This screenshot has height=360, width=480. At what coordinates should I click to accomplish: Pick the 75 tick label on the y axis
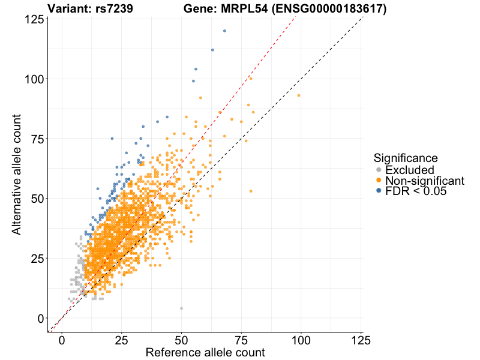36,139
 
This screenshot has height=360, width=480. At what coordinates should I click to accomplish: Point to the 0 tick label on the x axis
62,340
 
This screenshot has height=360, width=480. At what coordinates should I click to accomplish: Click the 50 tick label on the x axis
181,340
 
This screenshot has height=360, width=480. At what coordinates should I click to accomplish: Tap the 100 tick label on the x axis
301,340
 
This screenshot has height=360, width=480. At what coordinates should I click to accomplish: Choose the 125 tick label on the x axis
360,340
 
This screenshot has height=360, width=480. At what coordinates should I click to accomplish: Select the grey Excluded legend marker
379,170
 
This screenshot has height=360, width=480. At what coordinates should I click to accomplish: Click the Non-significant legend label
425,181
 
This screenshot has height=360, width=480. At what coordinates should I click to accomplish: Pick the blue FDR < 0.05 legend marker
379,191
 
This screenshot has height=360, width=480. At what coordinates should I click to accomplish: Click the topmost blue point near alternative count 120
224,31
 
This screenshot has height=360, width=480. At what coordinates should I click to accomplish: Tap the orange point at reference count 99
299,95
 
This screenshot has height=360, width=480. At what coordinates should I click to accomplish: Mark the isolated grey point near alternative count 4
181,308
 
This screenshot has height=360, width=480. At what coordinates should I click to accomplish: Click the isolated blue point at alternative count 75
112,139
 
